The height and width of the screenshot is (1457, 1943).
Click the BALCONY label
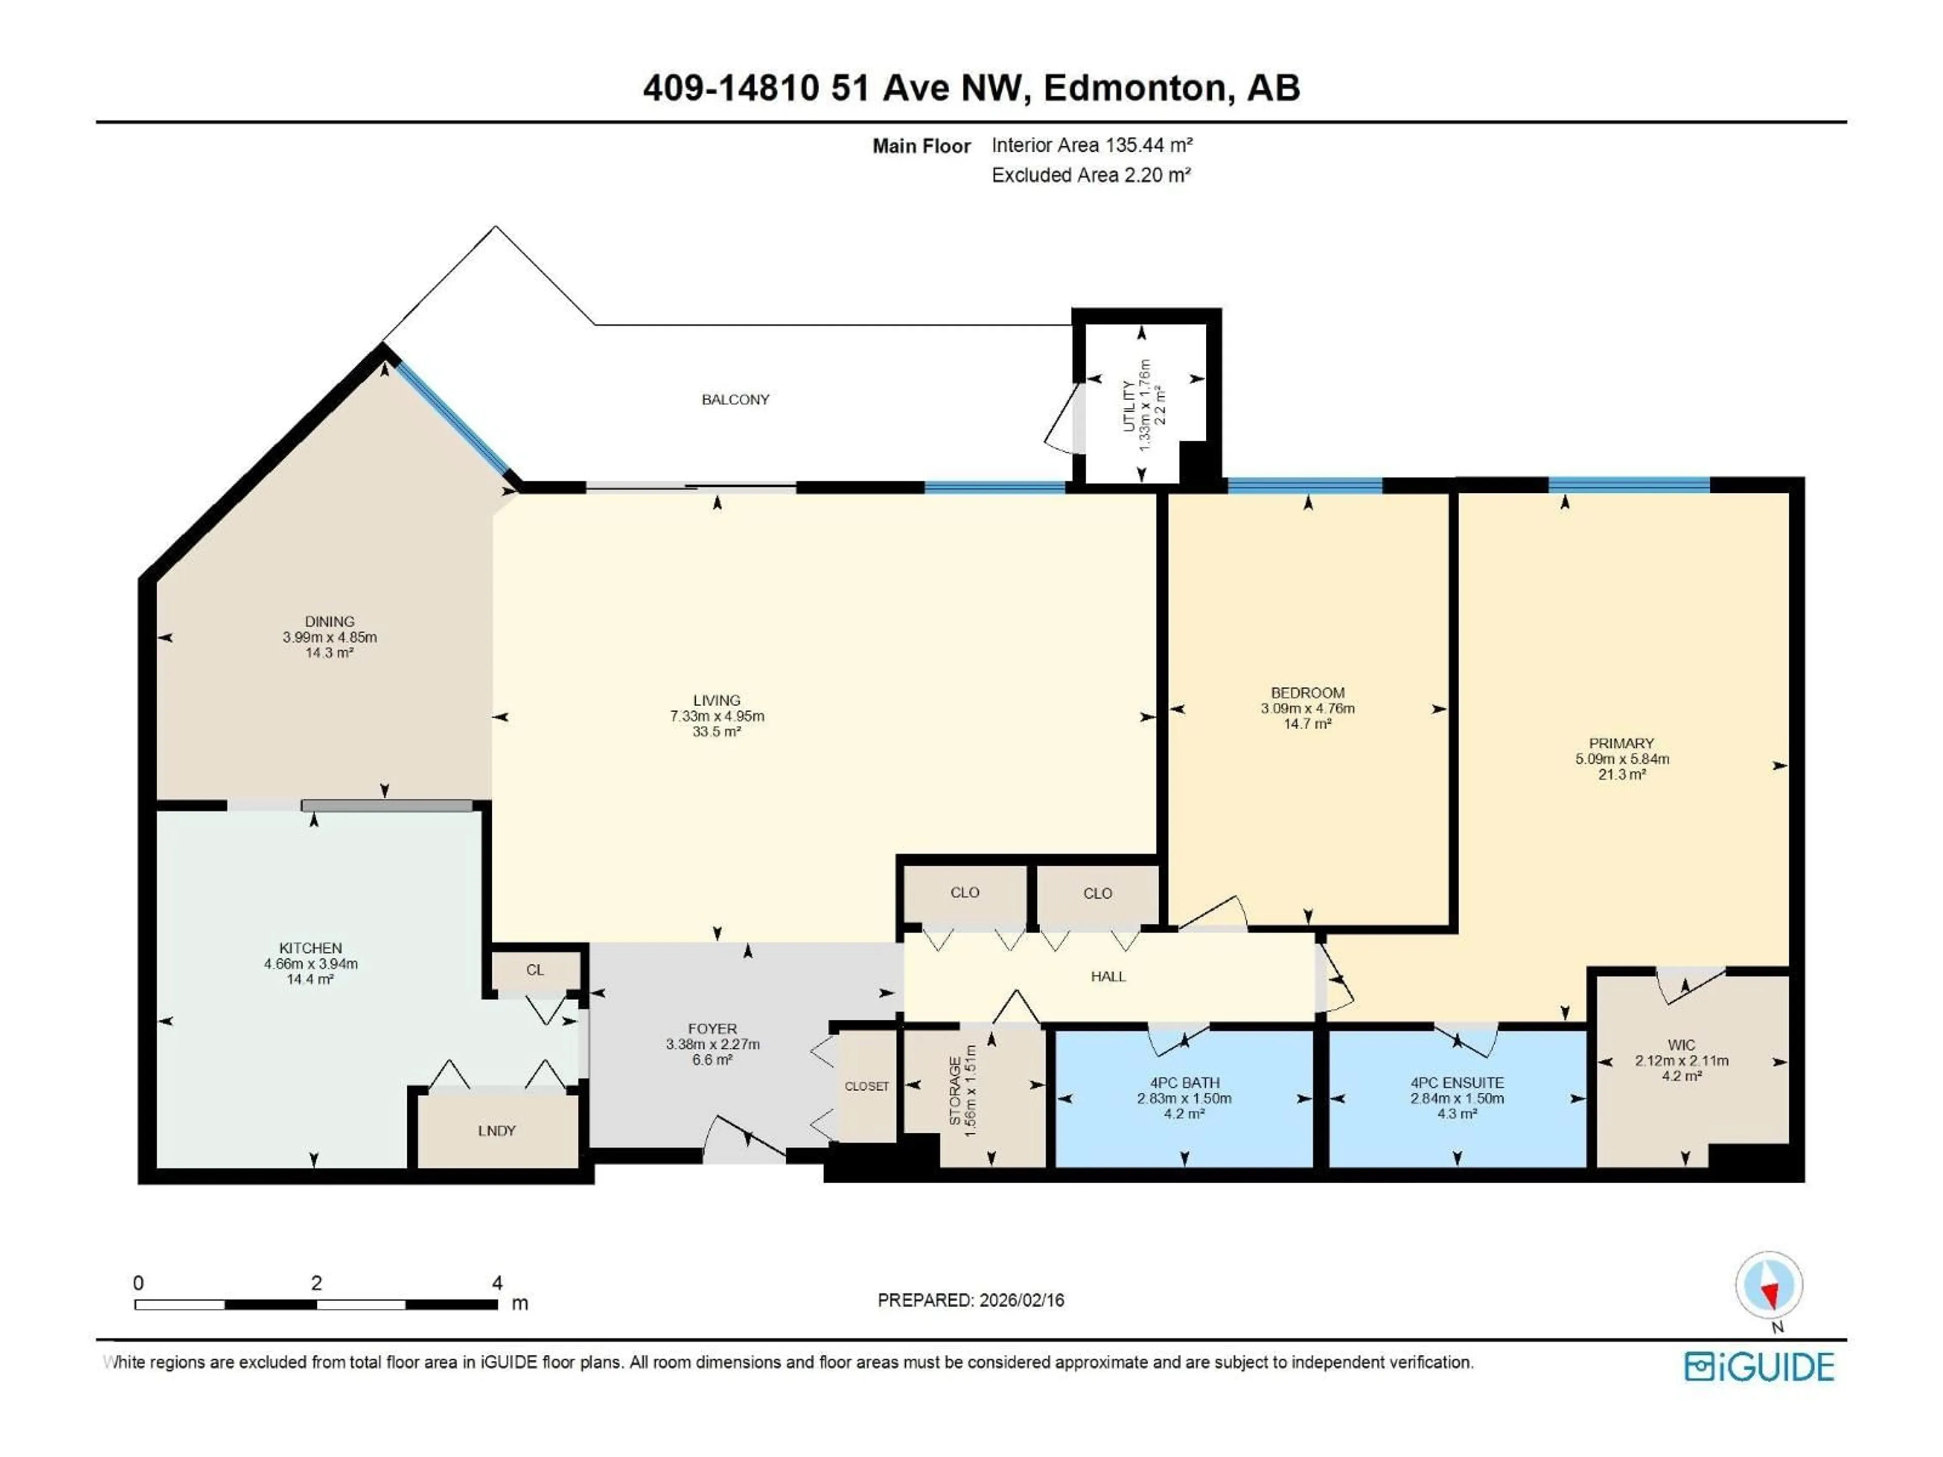point(735,400)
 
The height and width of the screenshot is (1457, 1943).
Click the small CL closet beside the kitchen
point(535,970)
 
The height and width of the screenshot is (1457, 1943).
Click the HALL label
point(1108,976)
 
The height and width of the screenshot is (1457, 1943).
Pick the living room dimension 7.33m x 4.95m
point(717,716)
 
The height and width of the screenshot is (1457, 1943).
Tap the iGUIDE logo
point(1759,1367)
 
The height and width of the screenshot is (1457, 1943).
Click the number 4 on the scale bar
point(497,1283)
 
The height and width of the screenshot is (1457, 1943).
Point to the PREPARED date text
point(970,1300)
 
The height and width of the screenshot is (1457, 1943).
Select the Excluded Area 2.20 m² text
point(1091,175)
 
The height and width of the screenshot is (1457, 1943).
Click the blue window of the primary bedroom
point(1629,484)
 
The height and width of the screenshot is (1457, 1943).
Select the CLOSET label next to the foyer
point(866,1086)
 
